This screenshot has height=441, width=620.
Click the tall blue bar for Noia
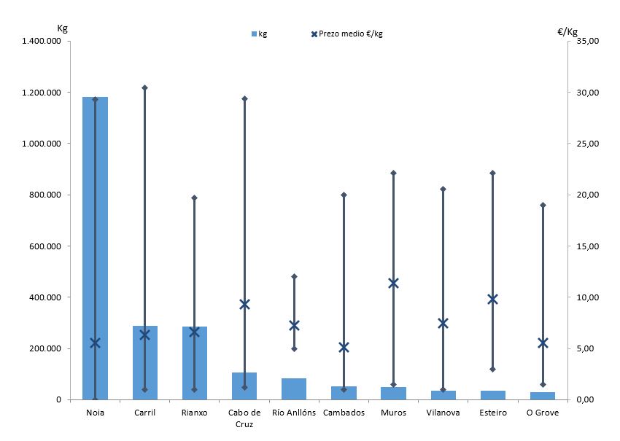95,248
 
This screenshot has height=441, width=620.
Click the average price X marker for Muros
393,283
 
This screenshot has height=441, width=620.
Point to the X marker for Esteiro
492,299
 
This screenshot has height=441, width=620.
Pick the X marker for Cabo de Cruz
244,304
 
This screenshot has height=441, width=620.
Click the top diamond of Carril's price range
144,87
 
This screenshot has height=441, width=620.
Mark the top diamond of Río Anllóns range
294,276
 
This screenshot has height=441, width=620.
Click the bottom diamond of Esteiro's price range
492,370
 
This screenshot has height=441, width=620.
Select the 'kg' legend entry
259,34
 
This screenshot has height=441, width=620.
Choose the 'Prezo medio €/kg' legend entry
346,34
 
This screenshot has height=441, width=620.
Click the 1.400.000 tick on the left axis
43,41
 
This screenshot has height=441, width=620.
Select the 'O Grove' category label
542,413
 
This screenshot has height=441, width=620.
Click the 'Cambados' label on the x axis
344,413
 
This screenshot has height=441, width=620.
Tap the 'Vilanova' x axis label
443,413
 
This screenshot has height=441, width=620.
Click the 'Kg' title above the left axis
62,28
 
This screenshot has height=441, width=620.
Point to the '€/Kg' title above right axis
567,31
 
